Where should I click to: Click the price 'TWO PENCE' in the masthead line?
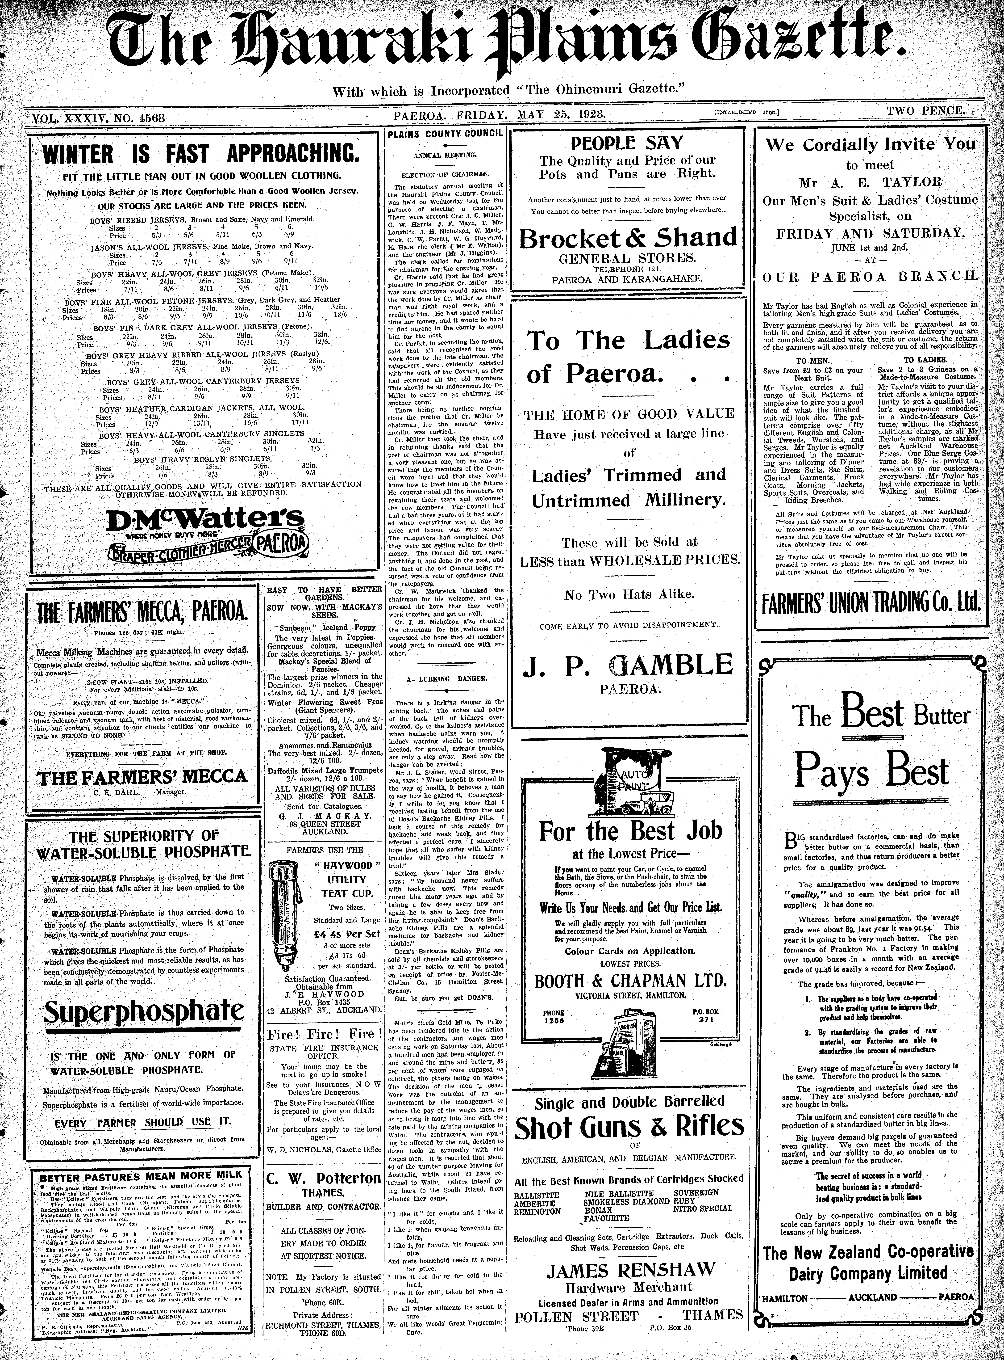click(925, 111)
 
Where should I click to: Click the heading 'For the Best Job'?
click(631, 830)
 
